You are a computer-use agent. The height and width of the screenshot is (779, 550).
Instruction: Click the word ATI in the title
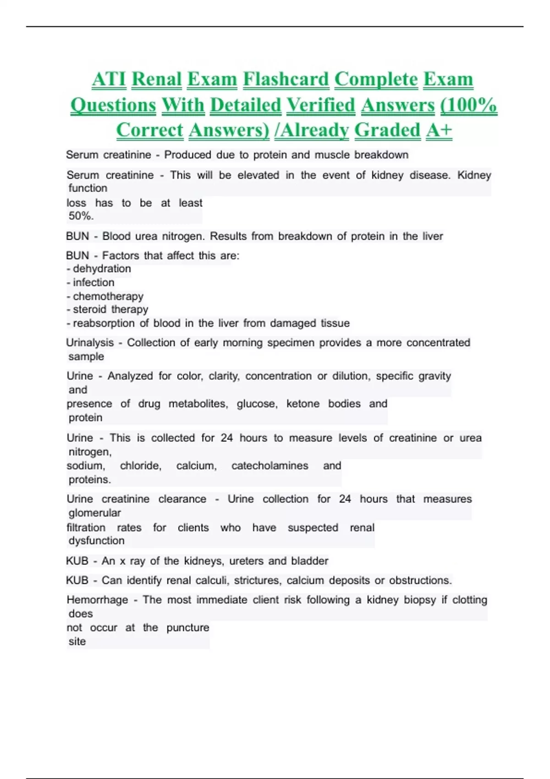click(109, 79)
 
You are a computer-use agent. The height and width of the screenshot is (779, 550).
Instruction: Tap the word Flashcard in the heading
click(286, 79)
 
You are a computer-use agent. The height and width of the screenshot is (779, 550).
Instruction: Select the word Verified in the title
click(321, 105)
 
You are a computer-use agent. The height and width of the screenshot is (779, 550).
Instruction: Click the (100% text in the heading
click(468, 105)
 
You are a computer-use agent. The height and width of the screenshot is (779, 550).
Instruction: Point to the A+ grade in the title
click(439, 130)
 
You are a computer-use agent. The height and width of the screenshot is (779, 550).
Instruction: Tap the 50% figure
click(81, 216)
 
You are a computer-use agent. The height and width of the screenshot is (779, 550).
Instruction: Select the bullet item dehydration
click(102, 269)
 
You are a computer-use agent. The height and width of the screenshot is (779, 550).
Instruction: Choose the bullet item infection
click(93, 283)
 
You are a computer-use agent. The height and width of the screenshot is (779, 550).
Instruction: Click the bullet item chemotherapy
click(108, 296)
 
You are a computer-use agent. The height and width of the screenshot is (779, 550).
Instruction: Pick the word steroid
click(90, 310)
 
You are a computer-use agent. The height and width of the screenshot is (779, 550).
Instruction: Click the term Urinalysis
click(90, 343)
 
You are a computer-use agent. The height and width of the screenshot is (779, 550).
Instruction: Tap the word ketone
click(302, 404)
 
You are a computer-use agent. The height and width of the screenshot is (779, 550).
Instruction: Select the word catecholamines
click(269, 466)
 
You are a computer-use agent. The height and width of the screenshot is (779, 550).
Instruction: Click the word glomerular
click(95, 513)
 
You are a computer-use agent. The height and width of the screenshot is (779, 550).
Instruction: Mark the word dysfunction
click(96, 541)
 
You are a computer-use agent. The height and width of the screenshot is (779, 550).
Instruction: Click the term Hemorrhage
click(97, 600)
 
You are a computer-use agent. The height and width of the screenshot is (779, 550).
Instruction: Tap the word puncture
click(187, 628)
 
